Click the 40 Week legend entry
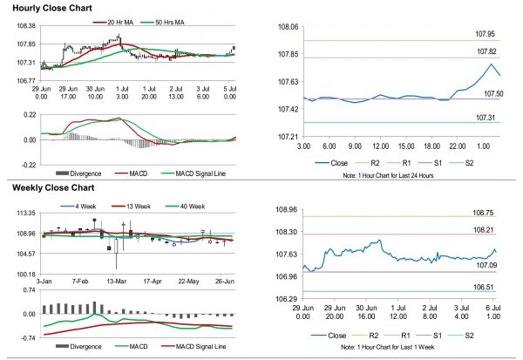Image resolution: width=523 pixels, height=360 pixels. (x=194, y=206)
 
